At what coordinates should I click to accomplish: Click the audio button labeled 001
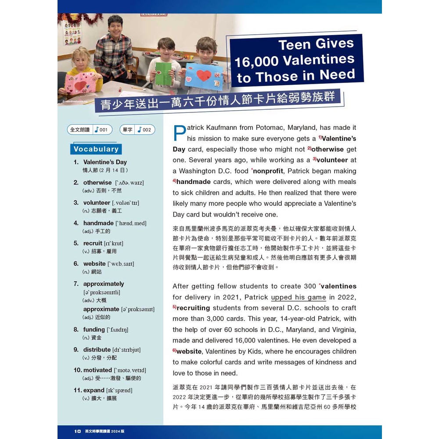click(90, 130)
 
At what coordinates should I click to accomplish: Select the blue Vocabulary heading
click(96, 149)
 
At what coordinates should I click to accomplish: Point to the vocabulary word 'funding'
click(94, 329)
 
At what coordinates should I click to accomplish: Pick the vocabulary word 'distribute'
click(97, 349)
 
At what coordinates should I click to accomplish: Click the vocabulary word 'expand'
click(94, 390)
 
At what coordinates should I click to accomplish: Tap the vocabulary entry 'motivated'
click(98, 370)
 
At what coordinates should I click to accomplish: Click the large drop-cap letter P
click(179, 133)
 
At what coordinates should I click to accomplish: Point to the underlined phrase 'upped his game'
click(299, 297)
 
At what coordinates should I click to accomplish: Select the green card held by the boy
click(163, 74)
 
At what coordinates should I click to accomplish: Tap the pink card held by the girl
click(80, 83)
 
